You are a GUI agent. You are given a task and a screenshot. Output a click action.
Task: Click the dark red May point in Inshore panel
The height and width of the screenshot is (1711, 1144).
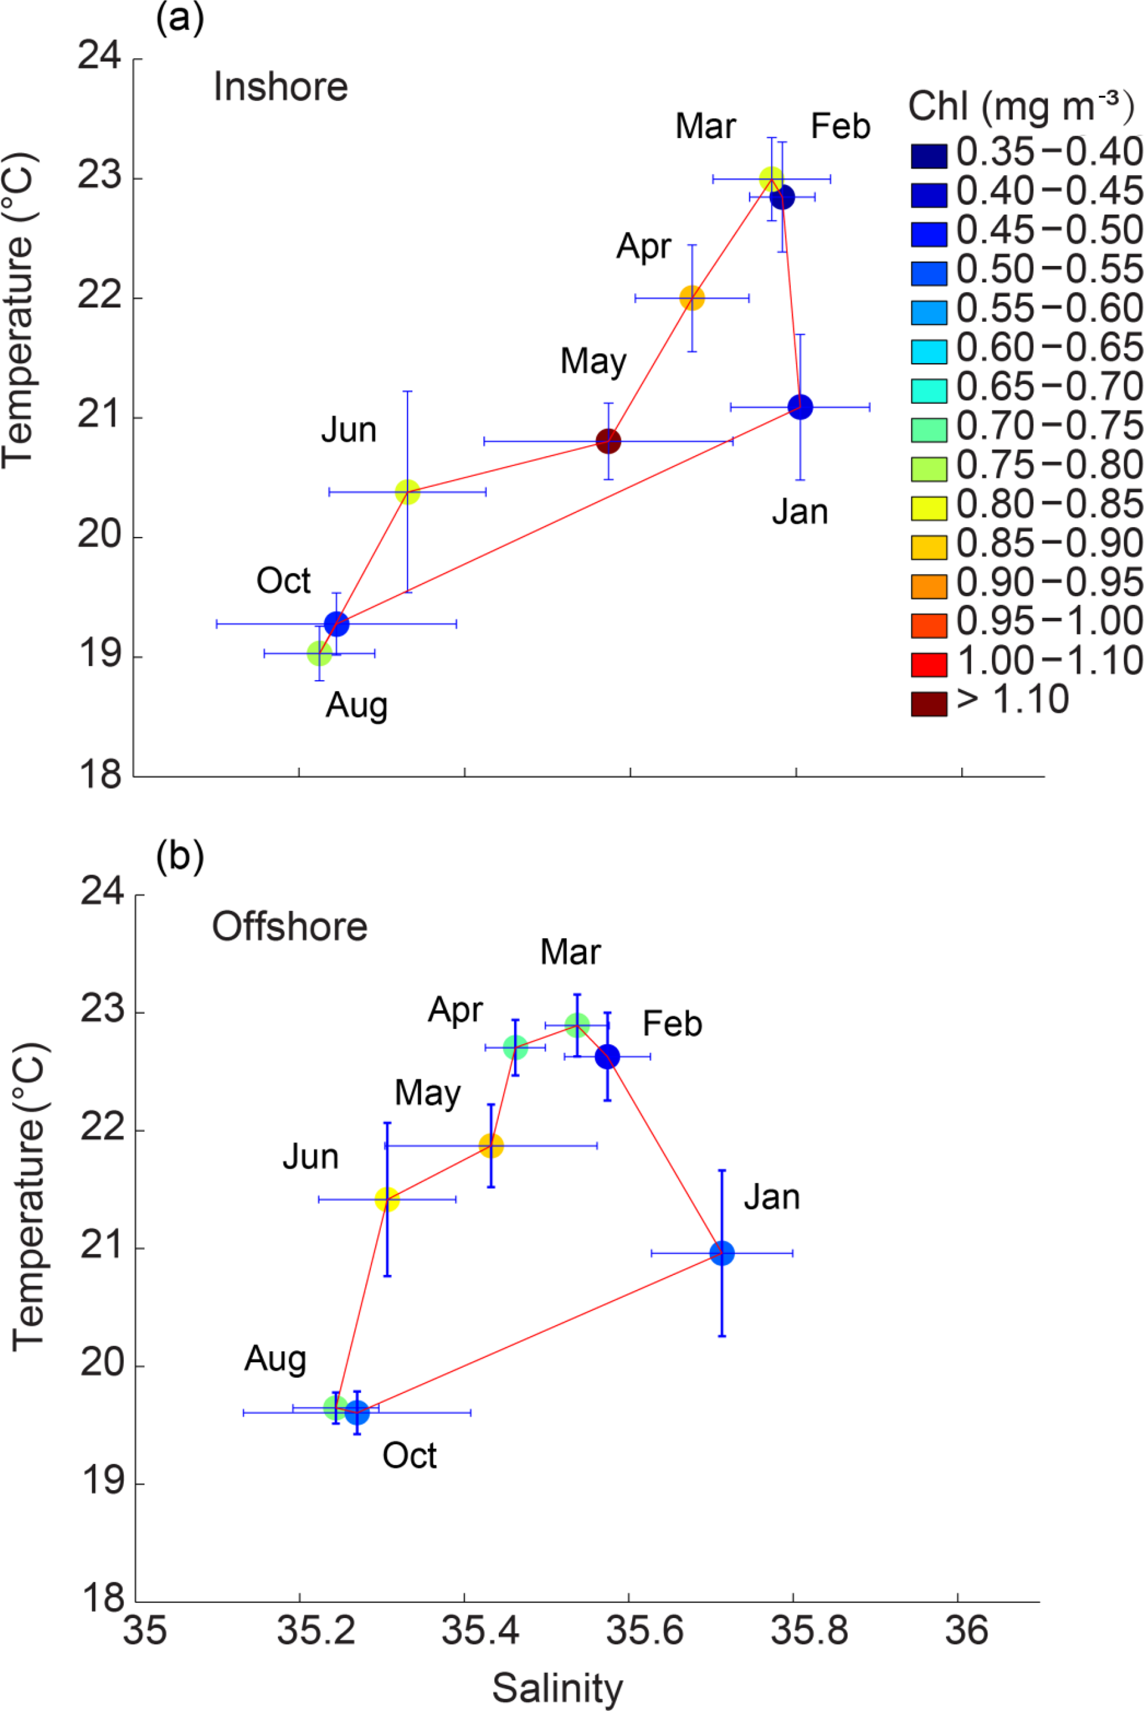point(608,441)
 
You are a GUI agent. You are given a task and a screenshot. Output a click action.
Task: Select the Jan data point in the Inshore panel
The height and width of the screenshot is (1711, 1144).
point(800,406)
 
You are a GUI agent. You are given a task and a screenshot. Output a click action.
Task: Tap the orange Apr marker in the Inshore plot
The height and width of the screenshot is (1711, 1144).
point(692,298)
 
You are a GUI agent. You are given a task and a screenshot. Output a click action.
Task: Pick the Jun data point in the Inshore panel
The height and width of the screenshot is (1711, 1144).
point(407,492)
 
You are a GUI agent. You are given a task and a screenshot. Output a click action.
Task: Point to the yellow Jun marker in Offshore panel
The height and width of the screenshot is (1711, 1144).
point(387,1199)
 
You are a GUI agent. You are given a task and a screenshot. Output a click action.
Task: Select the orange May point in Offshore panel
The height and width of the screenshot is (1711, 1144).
point(491,1145)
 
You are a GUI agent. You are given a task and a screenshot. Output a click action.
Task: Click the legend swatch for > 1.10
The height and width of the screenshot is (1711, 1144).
point(929,704)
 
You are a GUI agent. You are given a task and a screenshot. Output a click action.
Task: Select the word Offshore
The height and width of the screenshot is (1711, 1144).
point(289,927)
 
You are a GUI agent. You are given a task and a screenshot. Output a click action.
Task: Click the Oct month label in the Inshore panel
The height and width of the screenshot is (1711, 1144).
point(283,581)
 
